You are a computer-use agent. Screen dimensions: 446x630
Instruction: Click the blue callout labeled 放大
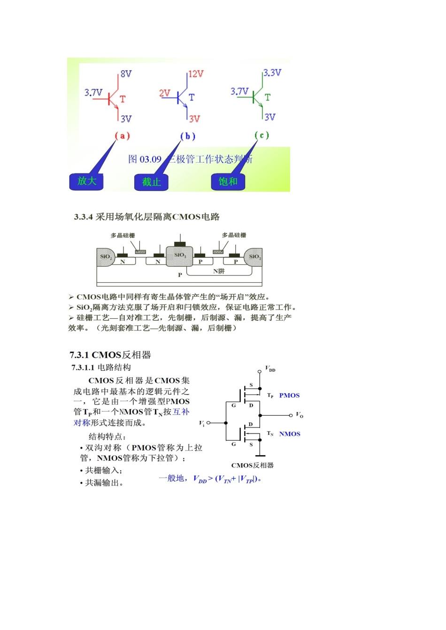coord(86,181)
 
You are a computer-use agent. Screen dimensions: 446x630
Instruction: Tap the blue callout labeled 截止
coord(151,182)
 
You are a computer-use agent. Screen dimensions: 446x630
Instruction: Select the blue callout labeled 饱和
coord(228,181)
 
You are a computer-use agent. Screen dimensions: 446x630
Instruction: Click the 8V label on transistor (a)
coord(126,74)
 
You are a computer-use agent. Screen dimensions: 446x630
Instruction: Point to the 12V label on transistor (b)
coord(196,74)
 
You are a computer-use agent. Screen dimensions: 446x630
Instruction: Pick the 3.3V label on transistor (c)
coord(272,73)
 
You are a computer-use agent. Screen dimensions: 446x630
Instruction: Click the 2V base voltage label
coord(164,93)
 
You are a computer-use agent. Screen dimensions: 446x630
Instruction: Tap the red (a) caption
coord(122,136)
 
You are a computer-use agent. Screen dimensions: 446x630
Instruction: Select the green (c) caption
coord(262,135)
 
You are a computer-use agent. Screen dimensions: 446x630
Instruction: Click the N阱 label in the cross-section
coord(219,271)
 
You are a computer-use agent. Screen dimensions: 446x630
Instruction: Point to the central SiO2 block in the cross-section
coord(180,255)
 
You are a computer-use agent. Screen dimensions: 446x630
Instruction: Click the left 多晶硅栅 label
coord(123,235)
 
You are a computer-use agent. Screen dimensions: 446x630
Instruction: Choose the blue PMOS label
coord(289,396)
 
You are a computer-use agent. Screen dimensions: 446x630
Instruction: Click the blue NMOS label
coord(290,434)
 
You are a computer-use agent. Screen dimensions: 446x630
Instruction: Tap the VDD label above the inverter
coord(270,369)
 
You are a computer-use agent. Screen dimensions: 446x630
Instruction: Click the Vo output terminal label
coord(300,415)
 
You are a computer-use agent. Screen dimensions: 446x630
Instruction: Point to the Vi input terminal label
coord(202,423)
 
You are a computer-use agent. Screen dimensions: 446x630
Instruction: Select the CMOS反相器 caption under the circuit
coord(252,465)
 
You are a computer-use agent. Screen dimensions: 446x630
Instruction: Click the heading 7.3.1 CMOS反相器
coord(110,355)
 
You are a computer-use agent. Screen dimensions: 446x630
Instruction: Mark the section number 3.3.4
coord(83,217)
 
